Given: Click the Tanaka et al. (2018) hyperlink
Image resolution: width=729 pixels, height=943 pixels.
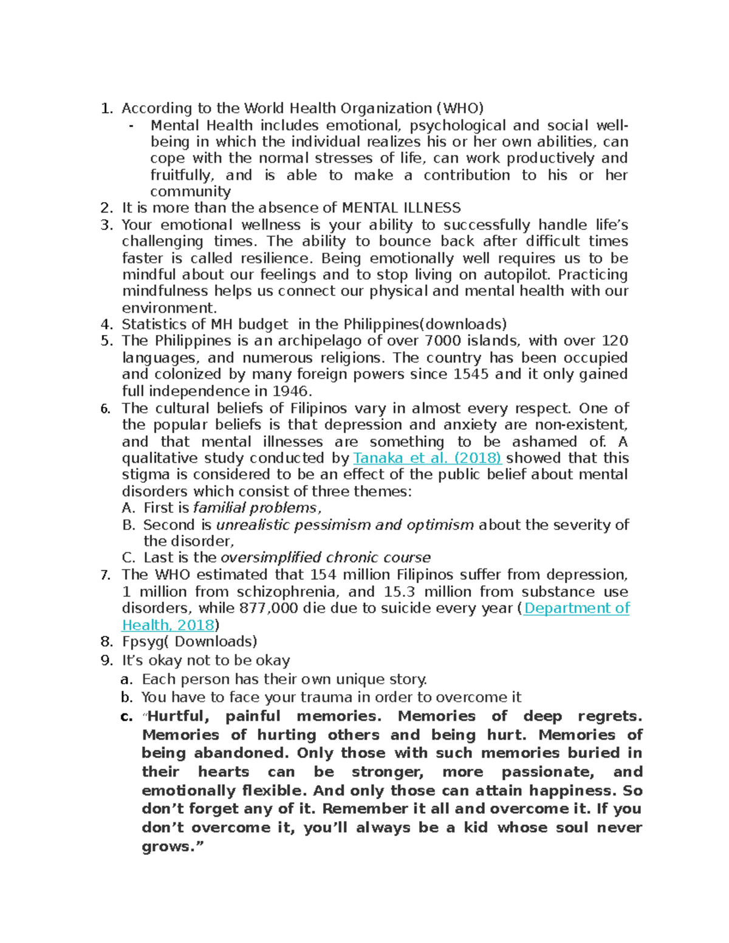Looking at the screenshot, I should [x=426, y=458].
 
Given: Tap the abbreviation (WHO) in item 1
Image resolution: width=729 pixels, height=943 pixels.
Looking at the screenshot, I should [x=459, y=108].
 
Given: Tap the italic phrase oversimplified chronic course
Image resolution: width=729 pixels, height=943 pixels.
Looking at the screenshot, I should [x=325, y=557].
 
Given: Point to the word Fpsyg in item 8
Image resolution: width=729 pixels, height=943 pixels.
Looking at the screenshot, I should [x=142, y=642].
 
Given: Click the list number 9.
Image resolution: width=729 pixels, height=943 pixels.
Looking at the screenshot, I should [x=106, y=660].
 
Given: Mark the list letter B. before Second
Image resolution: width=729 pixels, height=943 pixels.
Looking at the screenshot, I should [x=128, y=525].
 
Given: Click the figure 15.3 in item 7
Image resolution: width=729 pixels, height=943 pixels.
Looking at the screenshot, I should [x=400, y=591].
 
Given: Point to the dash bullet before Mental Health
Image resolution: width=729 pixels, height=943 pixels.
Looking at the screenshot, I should [x=131, y=126].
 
